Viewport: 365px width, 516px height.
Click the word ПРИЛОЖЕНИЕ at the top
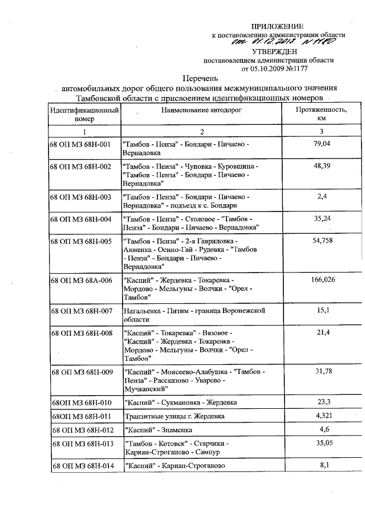[278, 26]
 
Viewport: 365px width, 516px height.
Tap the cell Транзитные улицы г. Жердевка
[175, 416]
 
